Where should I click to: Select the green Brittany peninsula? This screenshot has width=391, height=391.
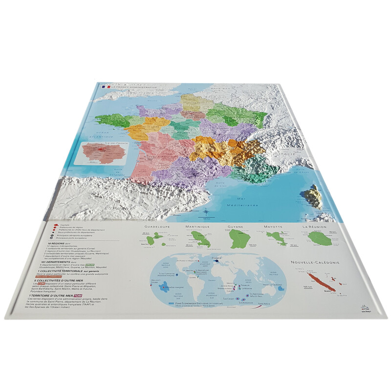pos(110,119)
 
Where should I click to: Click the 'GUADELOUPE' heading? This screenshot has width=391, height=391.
pos(154,227)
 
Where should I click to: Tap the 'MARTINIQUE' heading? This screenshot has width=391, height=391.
pos(197,227)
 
